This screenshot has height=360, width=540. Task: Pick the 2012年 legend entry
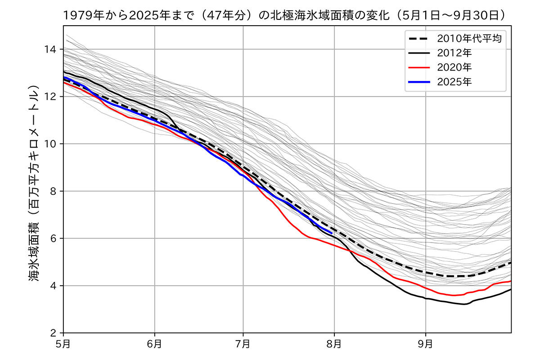tap(454, 52)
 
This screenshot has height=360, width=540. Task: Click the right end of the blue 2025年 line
tap(332, 232)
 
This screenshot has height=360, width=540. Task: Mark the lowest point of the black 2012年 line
tap(464, 304)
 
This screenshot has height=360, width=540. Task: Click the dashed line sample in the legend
tap(419, 38)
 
